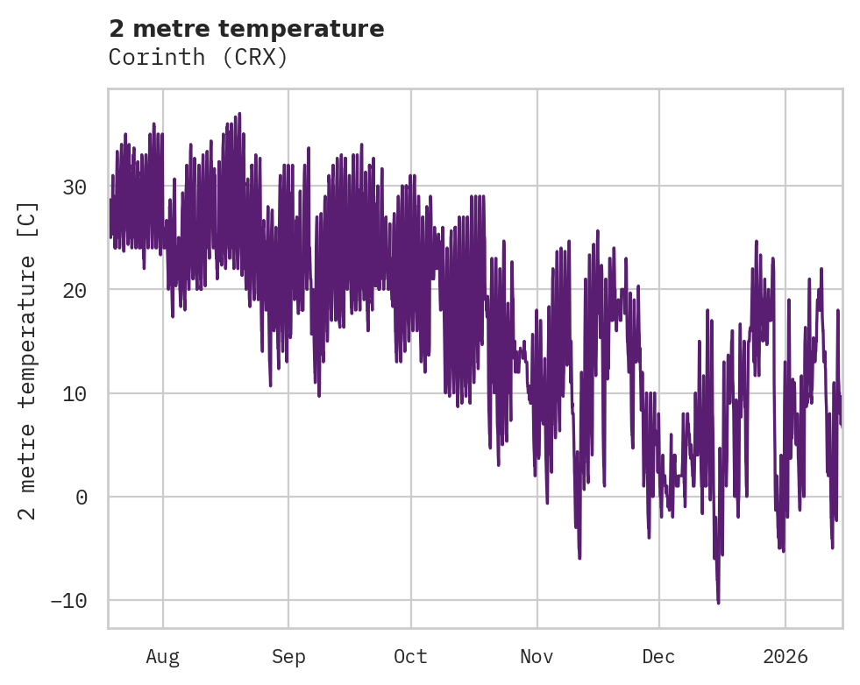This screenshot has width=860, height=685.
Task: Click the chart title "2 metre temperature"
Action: click(246, 29)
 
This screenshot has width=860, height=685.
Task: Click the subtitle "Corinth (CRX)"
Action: click(198, 57)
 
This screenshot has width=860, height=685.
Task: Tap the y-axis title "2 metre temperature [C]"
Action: click(28, 360)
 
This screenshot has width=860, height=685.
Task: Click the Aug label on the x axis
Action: click(163, 656)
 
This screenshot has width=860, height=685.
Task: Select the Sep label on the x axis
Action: click(288, 656)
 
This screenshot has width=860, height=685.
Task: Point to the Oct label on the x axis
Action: click(410, 656)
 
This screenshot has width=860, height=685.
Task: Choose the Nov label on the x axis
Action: click(537, 656)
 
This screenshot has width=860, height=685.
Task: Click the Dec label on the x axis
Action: click(658, 656)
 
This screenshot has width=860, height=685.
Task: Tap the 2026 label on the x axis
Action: click(785, 656)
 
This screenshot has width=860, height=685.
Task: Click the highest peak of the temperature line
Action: click(238, 113)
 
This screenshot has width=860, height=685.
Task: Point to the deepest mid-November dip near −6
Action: click(579, 558)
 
